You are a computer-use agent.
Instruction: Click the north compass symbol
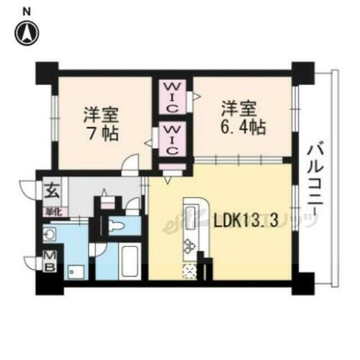(27, 32)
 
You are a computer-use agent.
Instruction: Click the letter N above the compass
(27, 11)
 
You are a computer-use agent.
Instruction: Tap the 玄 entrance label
(53, 191)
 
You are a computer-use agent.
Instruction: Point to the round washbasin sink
(50, 234)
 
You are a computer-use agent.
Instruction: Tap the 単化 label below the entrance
(53, 210)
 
